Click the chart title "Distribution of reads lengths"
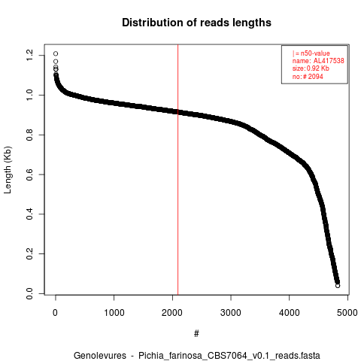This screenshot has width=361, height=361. [x=196, y=23]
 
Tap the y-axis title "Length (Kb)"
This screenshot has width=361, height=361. [x=8, y=170]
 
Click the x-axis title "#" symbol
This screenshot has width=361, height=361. [x=196, y=333]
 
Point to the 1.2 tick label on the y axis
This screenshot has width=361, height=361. [x=29, y=55]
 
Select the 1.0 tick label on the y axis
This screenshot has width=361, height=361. [x=29, y=95]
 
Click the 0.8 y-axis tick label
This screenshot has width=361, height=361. [x=29, y=135]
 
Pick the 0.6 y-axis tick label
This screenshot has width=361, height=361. [x=29, y=174]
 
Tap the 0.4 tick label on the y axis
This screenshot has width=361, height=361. [x=29, y=214]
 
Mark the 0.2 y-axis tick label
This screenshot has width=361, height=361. [x=29, y=253]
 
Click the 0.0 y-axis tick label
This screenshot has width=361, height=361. [x=29, y=293]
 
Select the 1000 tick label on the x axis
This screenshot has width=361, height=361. [x=114, y=313]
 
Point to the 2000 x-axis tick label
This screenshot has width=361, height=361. [x=172, y=313]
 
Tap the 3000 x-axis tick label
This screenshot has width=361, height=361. [x=231, y=313]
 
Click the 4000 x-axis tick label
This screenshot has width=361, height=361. [x=290, y=313]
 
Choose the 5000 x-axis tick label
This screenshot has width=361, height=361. [x=347, y=313]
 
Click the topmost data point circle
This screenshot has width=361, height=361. [x=56, y=53]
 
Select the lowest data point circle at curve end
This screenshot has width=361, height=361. [x=338, y=286]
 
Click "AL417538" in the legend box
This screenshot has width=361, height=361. [x=329, y=61]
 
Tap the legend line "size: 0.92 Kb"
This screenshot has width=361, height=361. [x=311, y=68]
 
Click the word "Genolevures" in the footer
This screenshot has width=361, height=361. [x=100, y=356]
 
